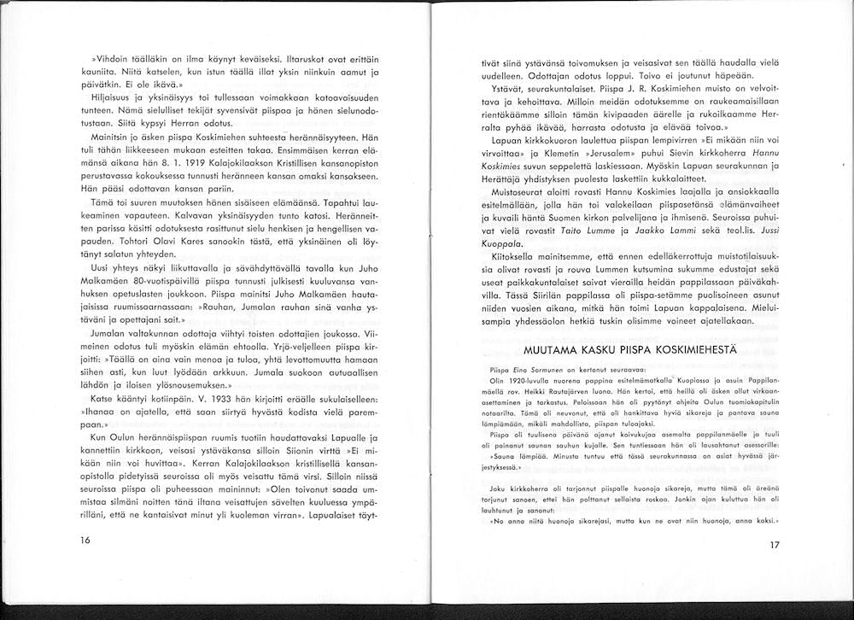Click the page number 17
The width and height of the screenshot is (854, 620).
pyautogui.click(x=774, y=547)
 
